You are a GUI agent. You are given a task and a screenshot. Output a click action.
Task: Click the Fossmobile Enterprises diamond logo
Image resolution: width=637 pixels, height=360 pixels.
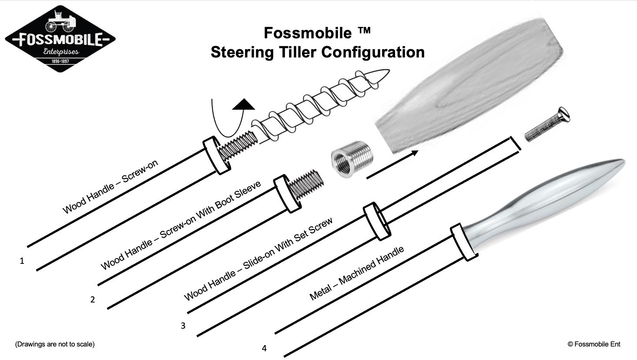click(x=60, y=39)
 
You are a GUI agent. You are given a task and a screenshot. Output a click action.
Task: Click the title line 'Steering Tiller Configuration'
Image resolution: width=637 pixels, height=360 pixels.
click(x=317, y=52)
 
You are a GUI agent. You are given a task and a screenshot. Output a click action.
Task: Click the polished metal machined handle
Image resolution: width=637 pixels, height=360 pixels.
click(x=544, y=200)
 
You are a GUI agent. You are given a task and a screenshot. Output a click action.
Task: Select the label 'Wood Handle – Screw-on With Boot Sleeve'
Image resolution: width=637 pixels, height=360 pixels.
click(x=181, y=225)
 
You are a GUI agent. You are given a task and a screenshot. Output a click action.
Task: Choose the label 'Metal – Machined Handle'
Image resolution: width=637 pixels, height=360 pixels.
click(x=356, y=273)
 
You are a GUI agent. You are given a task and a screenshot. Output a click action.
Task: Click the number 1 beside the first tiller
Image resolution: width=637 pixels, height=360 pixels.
click(x=22, y=261)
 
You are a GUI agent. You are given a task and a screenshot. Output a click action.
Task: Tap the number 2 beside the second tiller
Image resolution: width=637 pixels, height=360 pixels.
click(x=92, y=299)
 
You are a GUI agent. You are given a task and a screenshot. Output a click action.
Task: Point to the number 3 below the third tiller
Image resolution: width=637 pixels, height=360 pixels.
click(x=183, y=326)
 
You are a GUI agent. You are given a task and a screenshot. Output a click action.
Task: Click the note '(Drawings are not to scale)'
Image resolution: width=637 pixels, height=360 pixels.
click(x=54, y=344)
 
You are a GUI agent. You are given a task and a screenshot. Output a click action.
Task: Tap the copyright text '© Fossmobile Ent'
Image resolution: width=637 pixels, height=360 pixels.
click(x=594, y=344)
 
